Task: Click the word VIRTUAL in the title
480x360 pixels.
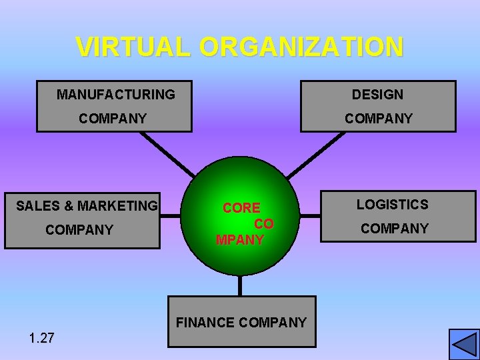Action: [x=134, y=47]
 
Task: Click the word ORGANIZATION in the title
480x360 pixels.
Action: [x=301, y=47]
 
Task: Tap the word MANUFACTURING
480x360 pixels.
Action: [x=115, y=95]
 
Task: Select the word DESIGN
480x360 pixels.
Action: [x=377, y=95]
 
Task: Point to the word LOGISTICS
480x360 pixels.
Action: [x=392, y=205]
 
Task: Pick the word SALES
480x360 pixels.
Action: [x=38, y=206]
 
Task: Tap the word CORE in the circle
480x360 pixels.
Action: [x=241, y=208]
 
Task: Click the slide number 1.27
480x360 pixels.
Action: [x=41, y=338]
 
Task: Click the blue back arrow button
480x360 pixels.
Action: [x=464, y=344]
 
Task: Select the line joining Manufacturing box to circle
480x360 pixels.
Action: [x=167, y=155]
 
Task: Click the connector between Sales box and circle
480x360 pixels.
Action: [x=171, y=215]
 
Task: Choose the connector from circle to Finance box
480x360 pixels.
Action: [x=240, y=285]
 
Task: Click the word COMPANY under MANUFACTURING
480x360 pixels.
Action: [x=113, y=119]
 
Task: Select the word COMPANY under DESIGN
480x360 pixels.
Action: [x=378, y=119]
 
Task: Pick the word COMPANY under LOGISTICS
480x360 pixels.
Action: [x=395, y=229]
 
